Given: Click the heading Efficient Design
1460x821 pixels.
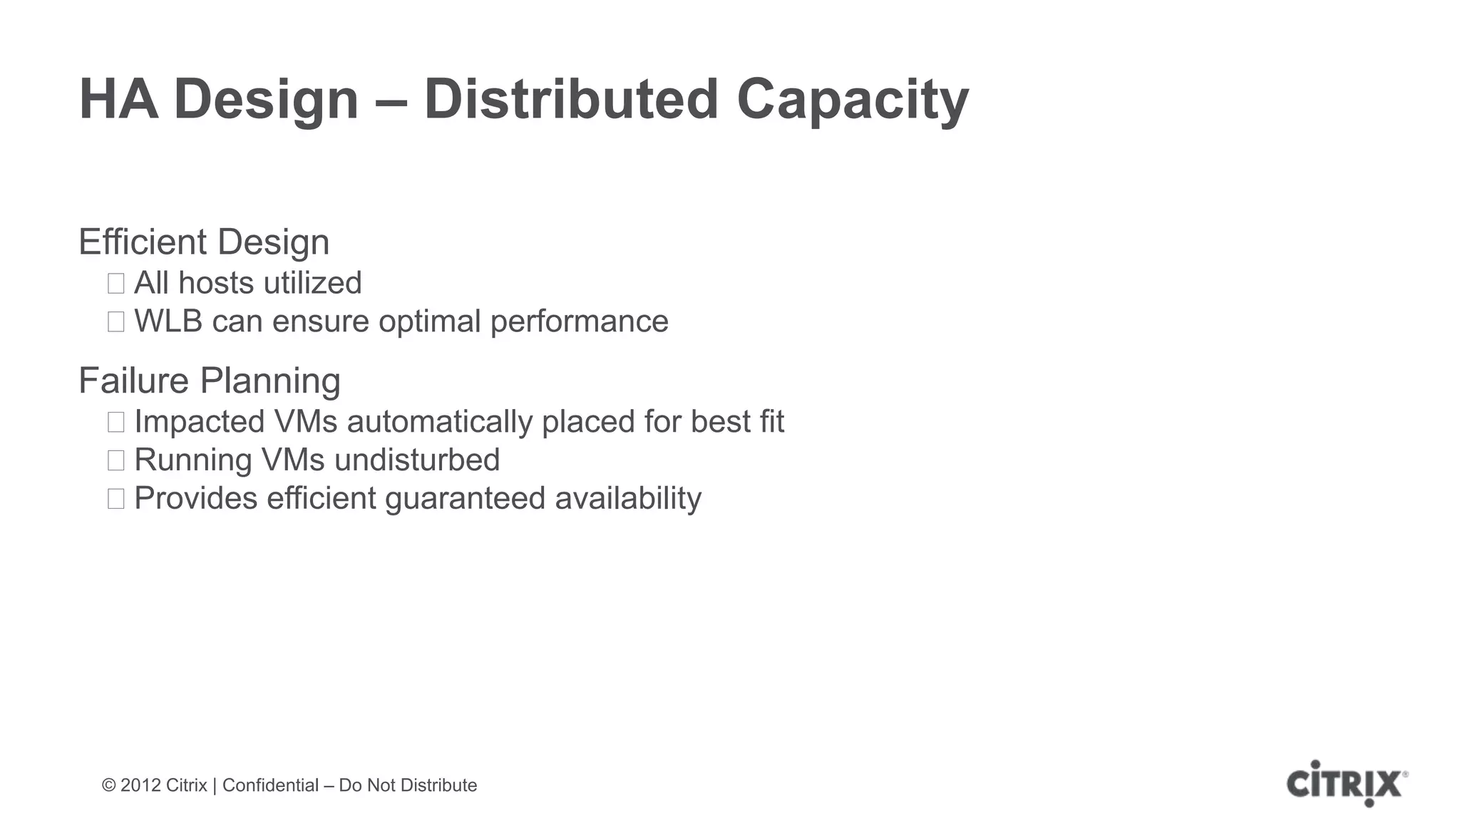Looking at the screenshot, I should point(204,242).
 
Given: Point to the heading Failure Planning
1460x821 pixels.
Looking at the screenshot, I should point(209,381).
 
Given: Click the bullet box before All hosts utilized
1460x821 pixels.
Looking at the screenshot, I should point(116,284).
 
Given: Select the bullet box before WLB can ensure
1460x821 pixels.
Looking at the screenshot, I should point(116,322).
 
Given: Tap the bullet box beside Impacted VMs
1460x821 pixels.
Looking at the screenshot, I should point(116,422).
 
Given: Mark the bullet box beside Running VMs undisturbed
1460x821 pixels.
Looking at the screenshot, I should point(116,460).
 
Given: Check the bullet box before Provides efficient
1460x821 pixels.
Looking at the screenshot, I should point(116,499).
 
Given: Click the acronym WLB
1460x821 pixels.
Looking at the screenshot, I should point(168,321).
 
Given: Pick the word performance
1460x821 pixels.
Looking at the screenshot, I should point(579,322).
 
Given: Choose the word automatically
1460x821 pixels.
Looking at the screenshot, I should point(439,422).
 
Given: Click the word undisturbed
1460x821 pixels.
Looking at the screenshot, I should point(417,460).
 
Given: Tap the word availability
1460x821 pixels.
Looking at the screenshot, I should point(628,499).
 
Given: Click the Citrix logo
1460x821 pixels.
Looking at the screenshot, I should point(1346,784).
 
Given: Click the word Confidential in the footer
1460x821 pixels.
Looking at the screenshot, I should point(270,785).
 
